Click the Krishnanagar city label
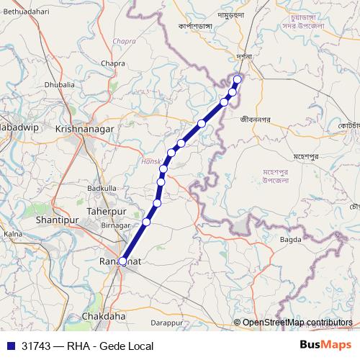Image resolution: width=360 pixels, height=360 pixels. (x=86, y=127)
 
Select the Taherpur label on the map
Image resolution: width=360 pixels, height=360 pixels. (x=107, y=211)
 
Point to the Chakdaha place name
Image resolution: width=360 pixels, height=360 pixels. (x=104, y=315)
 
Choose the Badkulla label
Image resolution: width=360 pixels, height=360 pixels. (x=102, y=188)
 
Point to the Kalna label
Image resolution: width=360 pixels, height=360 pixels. (x=13, y=234)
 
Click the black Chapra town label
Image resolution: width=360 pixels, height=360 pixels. (x=113, y=63)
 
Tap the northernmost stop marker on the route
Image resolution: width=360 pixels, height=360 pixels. (x=238, y=78)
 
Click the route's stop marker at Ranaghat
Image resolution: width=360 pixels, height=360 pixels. (x=122, y=261)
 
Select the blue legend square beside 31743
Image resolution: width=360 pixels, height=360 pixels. (x=10, y=346)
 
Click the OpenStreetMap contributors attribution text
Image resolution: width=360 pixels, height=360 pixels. (x=297, y=322)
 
